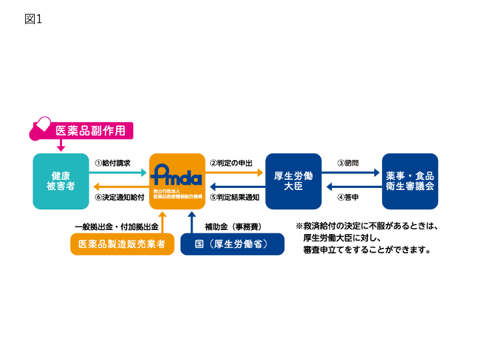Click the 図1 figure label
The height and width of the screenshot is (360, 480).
(33, 19)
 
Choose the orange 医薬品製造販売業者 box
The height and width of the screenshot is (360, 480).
(122, 244)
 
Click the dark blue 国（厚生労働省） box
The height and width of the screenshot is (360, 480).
(232, 244)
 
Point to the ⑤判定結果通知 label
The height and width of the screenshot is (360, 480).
(235, 197)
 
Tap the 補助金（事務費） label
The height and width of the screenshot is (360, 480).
(233, 227)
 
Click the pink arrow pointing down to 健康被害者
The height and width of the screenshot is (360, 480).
(61, 145)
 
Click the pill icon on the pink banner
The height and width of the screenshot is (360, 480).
(41, 125)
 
